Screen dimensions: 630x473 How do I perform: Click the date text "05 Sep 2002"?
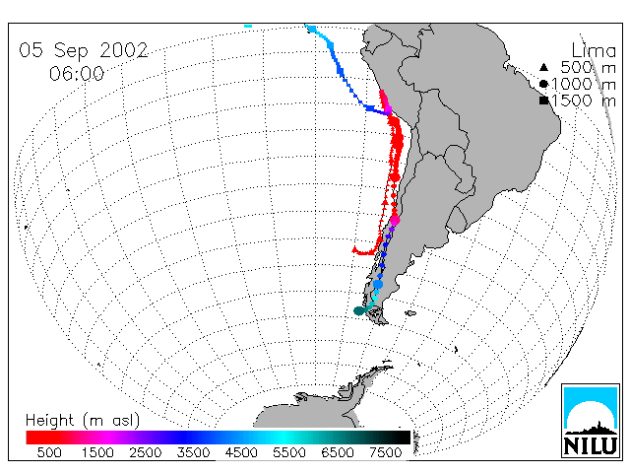click(x=84, y=50)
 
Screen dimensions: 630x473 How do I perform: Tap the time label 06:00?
click(x=77, y=74)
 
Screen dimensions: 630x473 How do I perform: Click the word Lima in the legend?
click(x=594, y=51)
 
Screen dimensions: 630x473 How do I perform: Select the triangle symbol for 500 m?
click(x=543, y=67)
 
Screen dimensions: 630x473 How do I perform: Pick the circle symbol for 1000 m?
click(x=543, y=84)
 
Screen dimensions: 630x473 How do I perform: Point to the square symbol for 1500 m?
click(x=544, y=101)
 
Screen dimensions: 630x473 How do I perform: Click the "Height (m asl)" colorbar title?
click(x=83, y=421)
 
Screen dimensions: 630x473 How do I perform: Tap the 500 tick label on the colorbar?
click(x=49, y=452)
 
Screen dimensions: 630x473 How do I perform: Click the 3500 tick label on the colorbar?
click(x=193, y=452)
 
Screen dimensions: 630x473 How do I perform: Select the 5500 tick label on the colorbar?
click(x=289, y=452)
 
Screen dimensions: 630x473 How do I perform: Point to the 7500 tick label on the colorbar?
click(x=385, y=452)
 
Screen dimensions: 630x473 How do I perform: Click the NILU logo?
click(x=591, y=421)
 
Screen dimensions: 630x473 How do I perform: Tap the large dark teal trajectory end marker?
click(x=359, y=310)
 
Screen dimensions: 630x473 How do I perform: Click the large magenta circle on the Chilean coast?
click(x=395, y=221)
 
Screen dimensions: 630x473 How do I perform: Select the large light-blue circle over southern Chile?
click(x=378, y=285)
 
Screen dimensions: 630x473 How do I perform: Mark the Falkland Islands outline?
click(x=410, y=313)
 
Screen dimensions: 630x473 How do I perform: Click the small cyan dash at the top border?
click(x=248, y=27)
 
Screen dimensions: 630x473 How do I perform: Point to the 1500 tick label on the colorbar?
click(x=97, y=452)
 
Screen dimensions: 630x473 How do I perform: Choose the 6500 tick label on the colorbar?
click(x=338, y=452)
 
